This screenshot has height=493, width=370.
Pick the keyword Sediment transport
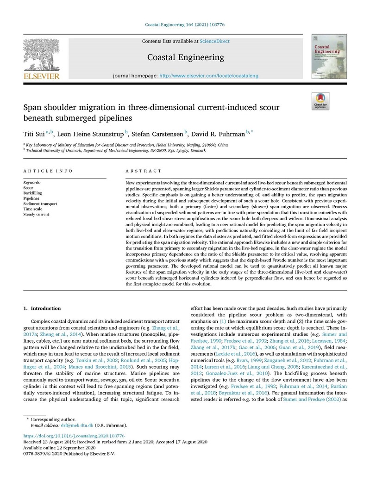click(40, 203)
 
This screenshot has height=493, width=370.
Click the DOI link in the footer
click(67, 436)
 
